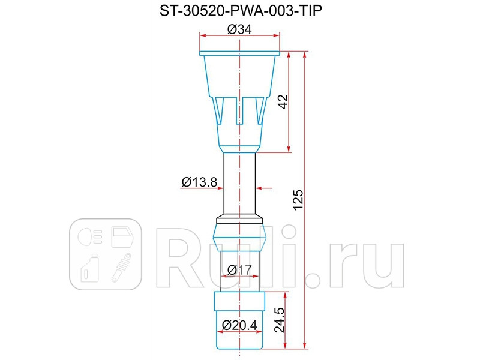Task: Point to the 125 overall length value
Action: point(298,201)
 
